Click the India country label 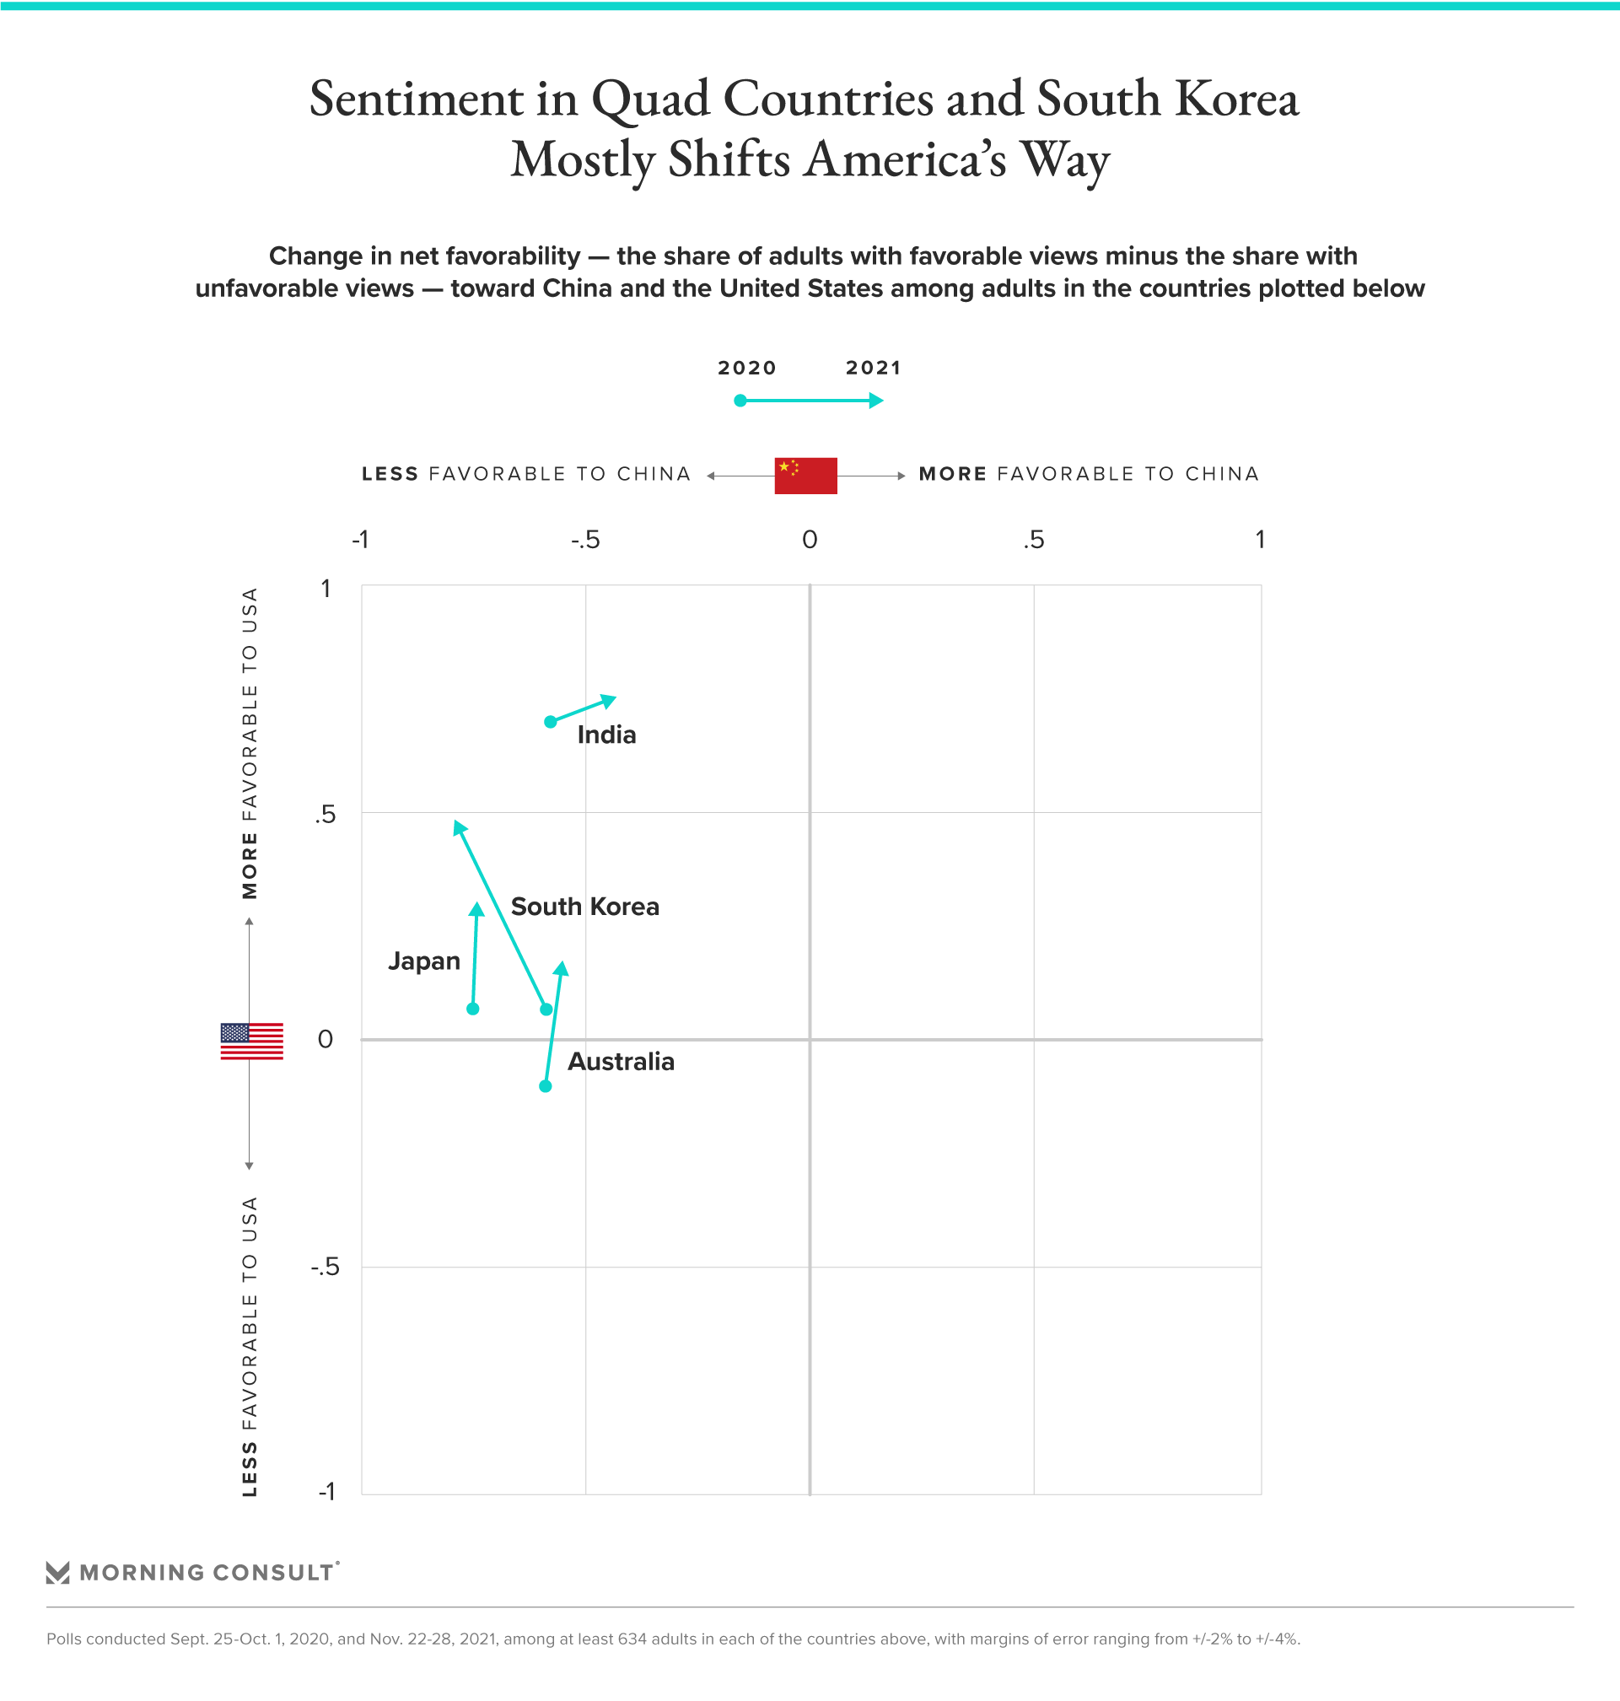click(x=606, y=735)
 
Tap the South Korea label click(x=584, y=907)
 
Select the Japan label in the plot click(x=423, y=961)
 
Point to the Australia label click(x=620, y=1061)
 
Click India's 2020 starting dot click(x=550, y=722)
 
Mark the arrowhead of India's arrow click(x=610, y=699)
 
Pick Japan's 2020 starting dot click(x=472, y=1009)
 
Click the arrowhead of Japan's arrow click(x=476, y=909)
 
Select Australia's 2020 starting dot click(x=545, y=1086)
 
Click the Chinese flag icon click(x=805, y=475)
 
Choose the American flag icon click(x=251, y=1041)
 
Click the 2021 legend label click(x=872, y=368)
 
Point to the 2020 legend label click(x=747, y=368)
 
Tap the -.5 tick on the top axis click(x=584, y=541)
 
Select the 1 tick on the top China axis click(x=1260, y=540)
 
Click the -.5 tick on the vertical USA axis click(x=325, y=1268)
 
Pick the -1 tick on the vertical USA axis click(x=326, y=1491)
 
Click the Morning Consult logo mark click(x=57, y=1572)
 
